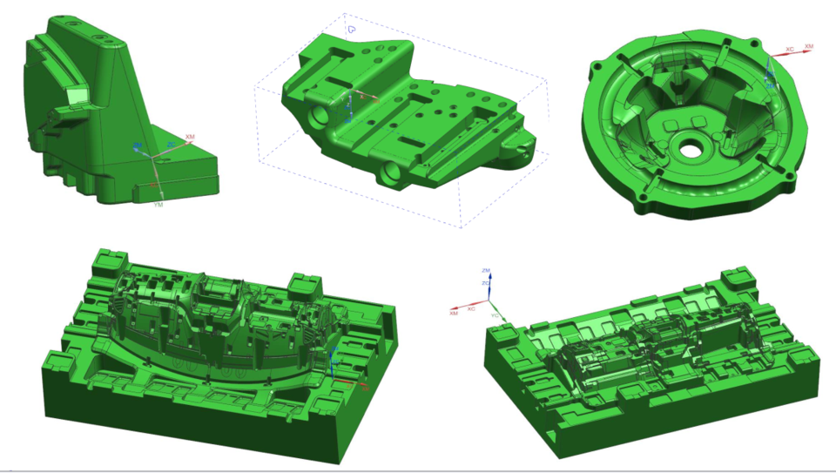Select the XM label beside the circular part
[x=809, y=46]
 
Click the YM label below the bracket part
[x=158, y=206]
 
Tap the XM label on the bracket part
[x=190, y=138]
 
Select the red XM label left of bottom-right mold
[x=454, y=314]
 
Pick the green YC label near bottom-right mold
[x=496, y=314]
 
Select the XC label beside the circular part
[x=789, y=50]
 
